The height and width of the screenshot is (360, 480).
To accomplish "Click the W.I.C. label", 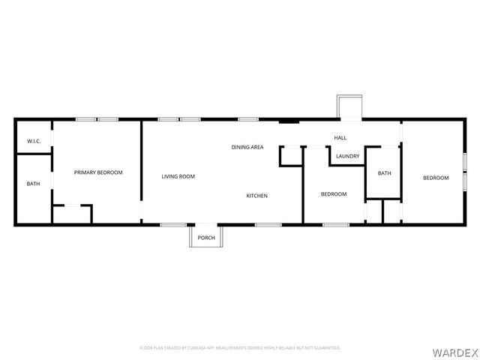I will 33,141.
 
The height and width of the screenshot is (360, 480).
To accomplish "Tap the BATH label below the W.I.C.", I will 33,184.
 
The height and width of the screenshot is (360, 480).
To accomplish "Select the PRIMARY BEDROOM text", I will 98,172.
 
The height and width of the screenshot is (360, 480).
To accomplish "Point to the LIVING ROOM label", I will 178,176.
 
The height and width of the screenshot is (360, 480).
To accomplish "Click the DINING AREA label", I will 247,147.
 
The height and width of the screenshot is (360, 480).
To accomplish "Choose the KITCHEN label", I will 257,196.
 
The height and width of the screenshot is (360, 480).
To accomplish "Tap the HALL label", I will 340,138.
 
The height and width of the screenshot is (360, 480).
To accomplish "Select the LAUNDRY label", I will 348,156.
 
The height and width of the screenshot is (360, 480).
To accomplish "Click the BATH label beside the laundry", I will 384,173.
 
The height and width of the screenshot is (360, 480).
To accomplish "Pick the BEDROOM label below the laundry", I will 334,194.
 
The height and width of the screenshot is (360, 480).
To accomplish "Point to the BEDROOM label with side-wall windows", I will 436,178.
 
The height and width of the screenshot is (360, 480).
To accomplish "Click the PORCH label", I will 206,238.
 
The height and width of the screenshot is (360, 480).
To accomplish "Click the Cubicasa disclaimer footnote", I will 240,348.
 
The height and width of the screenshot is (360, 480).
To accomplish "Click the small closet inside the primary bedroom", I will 71,214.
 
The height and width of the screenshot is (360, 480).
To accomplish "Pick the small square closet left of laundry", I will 290,156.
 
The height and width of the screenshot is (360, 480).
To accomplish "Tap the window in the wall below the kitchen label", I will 268,224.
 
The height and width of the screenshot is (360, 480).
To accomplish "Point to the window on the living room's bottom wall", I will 173,224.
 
